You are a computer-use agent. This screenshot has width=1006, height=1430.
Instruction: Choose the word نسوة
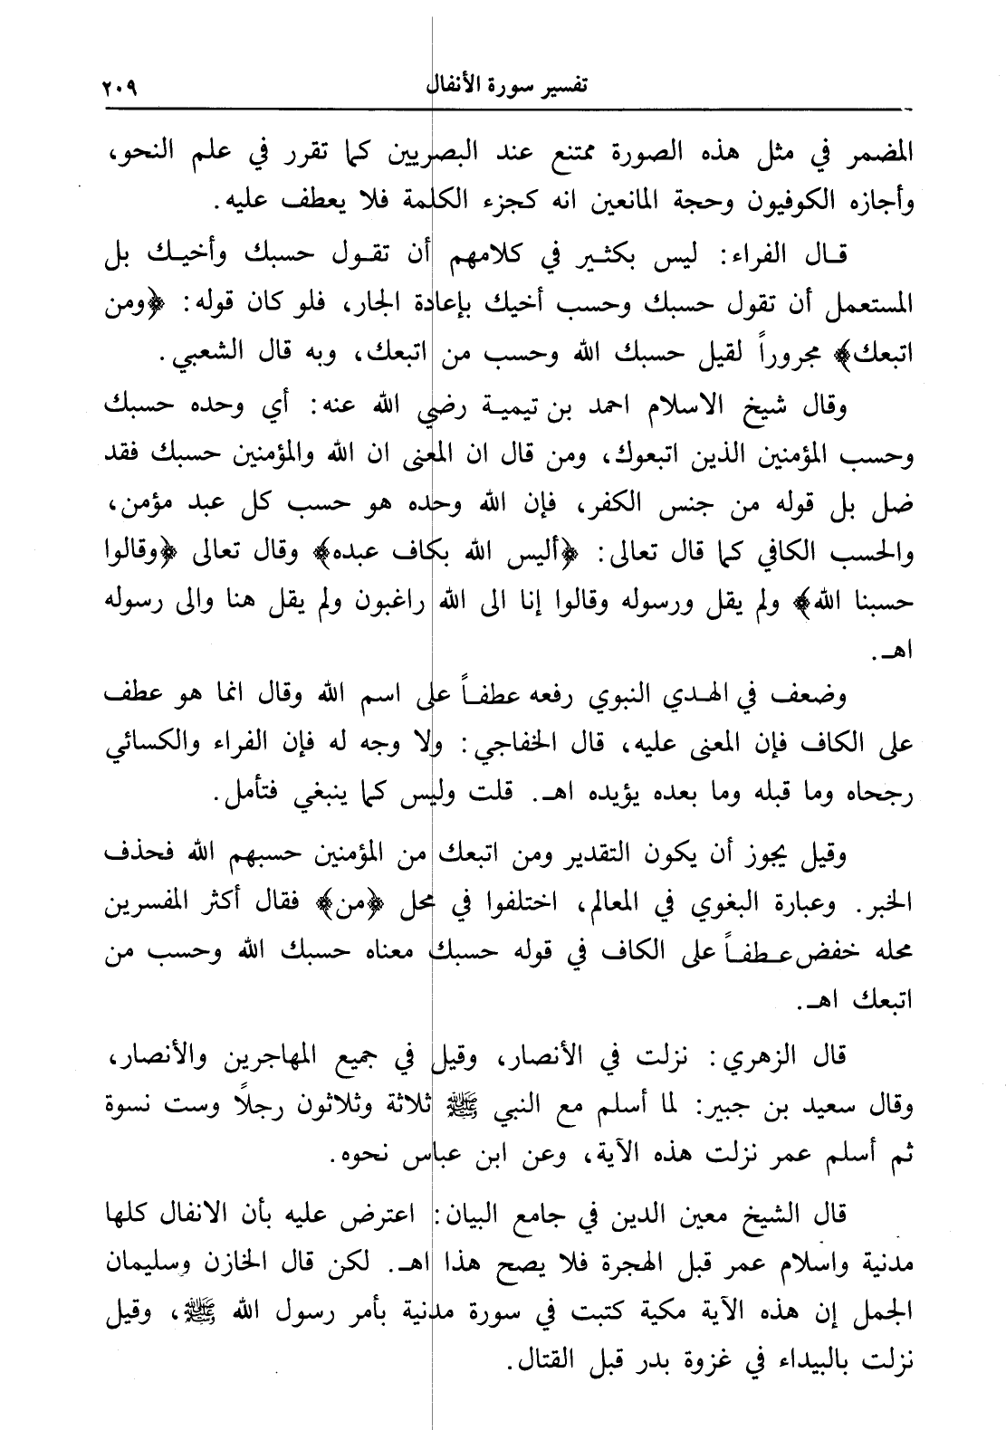point(123,1105)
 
